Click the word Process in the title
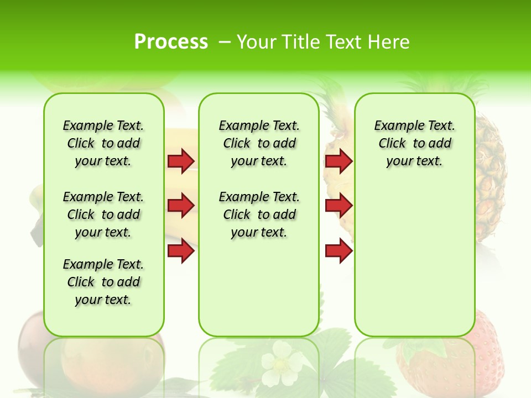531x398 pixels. point(171,42)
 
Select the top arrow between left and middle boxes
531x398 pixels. point(181,161)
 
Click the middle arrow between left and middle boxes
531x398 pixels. point(181,206)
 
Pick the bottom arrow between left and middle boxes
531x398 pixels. point(181,251)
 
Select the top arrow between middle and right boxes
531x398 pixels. point(339,161)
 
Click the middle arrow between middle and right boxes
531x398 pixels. point(339,206)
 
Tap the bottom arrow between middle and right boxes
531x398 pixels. point(339,251)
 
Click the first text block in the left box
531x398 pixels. point(103,143)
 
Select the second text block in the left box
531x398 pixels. point(103,214)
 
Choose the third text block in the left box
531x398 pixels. point(103,282)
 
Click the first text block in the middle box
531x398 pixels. point(259,143)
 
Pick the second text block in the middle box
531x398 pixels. point(259,214)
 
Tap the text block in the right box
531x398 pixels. point(414,143)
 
